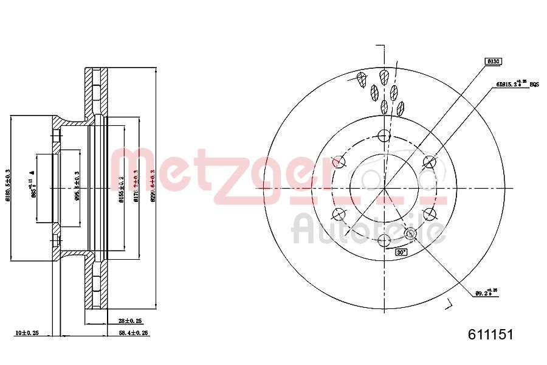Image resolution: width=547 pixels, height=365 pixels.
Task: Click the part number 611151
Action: pyautogui.click(x=490, y=335)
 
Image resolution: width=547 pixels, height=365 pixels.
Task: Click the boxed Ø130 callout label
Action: pyautogui.click(x=492, y=61)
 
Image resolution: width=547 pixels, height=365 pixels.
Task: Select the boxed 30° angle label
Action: pyautogui.click(x=401, y=251)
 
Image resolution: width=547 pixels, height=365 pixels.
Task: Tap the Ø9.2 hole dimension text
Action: pyautogui.click(x=486, y=293)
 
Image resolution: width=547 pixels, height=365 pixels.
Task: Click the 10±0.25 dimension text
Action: pyautogui.click(x=27, y=333)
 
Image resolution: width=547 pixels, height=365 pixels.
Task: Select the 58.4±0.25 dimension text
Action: pyautogui.click(x=134, y=333)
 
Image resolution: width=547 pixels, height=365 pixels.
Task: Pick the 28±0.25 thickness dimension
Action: pyautogui.click(x=129, y=320)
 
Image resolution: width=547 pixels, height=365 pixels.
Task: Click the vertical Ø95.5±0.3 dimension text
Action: pyautogui.click(x=77, y=186)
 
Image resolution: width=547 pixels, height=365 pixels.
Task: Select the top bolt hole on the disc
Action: pyautogui.click(x=384, y=135)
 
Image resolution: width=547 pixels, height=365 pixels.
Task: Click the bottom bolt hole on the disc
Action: pyautogui.click(x=384, y=240)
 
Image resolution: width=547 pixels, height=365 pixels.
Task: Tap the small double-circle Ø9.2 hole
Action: pyautogui.click(x=410, y=233)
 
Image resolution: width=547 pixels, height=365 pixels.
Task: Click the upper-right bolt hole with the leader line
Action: pyautogui.click(x=430, y=162)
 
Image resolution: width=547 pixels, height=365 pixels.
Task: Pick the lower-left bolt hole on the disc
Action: pyautogui.click(x=338, y=214)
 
